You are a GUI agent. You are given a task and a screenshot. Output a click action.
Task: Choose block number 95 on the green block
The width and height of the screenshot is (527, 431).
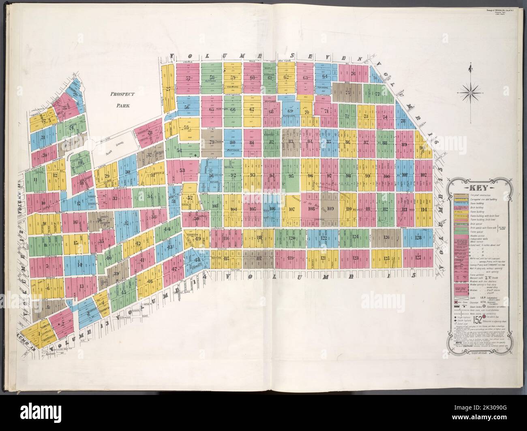click(291, 176)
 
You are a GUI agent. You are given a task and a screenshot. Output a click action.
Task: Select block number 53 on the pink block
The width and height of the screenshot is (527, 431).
click(182, 170)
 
